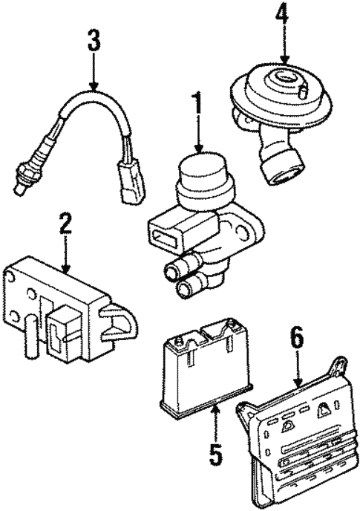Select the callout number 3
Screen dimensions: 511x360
[x=93, y=42]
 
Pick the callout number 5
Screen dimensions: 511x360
[x=215, y=454]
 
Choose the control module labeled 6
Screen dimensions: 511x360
[x=293, y=438]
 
